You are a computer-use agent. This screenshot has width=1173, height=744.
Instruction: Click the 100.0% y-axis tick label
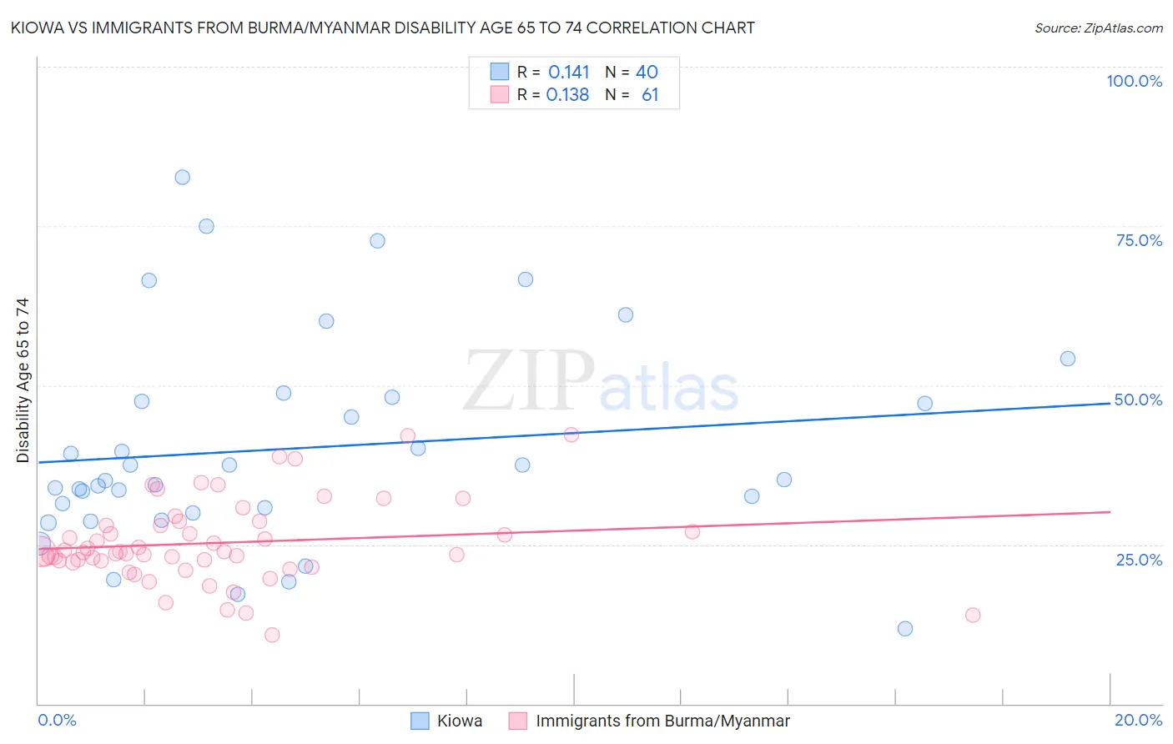click(x=1134, y=81)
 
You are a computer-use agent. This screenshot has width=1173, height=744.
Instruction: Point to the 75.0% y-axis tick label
click(x=1139, y=240)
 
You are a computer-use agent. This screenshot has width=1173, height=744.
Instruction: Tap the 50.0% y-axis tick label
click(x=1138, y=400)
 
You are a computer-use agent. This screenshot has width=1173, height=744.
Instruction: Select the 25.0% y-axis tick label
click(x=1139, y=559)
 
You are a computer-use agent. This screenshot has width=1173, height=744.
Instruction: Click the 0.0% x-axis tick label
click(x=57, y=720)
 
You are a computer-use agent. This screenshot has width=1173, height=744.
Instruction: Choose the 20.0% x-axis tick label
click(x=1138, y=720)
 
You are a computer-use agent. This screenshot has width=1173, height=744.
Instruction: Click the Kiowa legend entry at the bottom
click(x=459, y=721)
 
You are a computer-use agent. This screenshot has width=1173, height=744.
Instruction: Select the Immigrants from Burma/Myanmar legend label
click(x=662, y=721)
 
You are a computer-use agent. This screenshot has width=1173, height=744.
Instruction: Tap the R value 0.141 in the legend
click(x=568, y=73)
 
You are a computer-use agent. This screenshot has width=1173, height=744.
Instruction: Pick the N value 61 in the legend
click(x=650, y=95)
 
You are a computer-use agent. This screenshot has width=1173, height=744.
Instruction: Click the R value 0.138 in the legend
click(x=567, y=95)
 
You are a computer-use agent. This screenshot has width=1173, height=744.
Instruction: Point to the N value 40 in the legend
click(x=647, y=73)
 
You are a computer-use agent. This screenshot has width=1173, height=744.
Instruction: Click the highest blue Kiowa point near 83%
click(x=182, y=177)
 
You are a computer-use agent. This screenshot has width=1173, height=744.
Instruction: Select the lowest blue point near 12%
click(x=905, y=629)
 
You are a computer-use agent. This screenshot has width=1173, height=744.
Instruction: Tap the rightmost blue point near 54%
click(x=1067, y=359)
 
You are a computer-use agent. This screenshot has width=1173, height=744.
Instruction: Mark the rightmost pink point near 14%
click(x=973, y=615)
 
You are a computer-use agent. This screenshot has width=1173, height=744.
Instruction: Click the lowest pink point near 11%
click(x=272, y=635)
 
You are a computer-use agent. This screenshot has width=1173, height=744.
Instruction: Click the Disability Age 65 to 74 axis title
click(x=23, y=380)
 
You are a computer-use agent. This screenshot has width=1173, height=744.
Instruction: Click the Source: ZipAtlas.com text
click(x=1098, y=28)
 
